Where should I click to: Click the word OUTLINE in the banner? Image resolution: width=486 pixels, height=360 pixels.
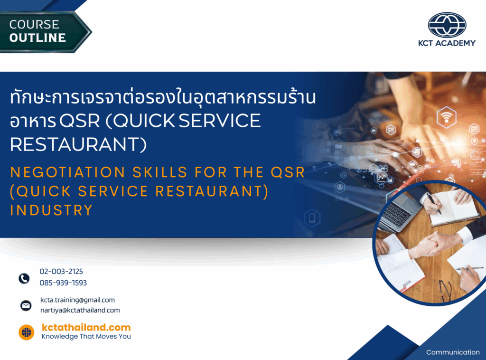click(37, 38)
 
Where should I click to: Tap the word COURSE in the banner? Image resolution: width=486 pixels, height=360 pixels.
click(34, 24)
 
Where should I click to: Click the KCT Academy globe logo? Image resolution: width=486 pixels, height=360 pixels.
click(447, 25)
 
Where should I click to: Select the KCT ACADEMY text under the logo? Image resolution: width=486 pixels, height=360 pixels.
click(447, 43)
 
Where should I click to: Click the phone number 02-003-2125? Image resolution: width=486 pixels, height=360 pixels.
click(61, 271)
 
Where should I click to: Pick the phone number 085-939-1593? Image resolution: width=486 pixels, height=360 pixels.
click(63, 283)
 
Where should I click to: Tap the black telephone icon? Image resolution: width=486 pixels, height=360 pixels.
click(24, 278)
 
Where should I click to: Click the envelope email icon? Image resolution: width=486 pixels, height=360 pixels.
click(26, 305)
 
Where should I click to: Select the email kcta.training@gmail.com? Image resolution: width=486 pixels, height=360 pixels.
click(77, 300)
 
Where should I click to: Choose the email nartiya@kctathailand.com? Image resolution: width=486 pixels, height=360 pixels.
click(80, 310)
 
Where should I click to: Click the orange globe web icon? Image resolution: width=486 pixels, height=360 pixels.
click(27, 332)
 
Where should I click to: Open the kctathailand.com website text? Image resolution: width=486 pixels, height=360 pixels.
click(86, 327)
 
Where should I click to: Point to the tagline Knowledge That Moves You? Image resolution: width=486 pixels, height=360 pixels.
click(86, 336)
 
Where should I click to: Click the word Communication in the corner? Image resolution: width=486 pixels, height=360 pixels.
click(453, 352)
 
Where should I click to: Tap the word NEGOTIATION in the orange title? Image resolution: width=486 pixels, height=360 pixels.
click(67, 172)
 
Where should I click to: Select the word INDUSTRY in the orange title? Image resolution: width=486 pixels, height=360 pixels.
click(51, 210)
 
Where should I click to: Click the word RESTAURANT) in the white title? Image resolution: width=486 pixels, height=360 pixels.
click(78, 144)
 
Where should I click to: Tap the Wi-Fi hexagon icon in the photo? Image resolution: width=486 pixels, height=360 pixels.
click(446, 117)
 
